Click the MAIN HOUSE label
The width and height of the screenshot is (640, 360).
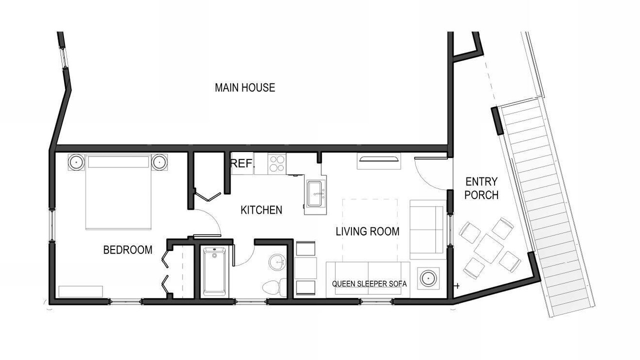coord(245,87)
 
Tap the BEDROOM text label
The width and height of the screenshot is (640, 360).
coord(127,250)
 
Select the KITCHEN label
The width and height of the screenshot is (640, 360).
coord(261,210)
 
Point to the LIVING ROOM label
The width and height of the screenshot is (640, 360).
coord(367,231)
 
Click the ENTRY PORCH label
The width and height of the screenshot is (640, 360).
coord(481,188)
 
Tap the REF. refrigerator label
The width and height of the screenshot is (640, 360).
coord(242,163)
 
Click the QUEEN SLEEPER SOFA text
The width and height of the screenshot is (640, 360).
coord(369,283)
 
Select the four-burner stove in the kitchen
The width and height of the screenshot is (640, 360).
coord(277,163)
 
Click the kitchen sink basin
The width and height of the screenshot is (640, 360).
coord(315,193)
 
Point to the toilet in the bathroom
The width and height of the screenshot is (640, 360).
coord(274,287)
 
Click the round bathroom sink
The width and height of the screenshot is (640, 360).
coord(277,262)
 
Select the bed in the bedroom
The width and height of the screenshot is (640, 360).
coord(118,191)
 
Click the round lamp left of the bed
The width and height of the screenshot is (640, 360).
coord(76,162)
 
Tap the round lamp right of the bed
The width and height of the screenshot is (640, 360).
coord(159,162)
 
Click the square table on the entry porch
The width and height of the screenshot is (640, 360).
coord(489,248)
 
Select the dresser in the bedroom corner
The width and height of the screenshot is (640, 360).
coord(80,291)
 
